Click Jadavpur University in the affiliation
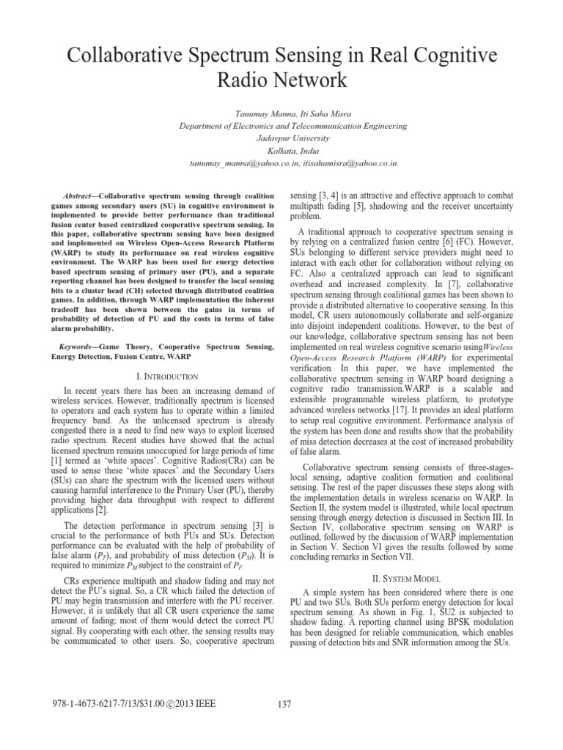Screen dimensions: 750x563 (282, 137)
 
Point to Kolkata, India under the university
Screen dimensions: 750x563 (282, 149)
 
